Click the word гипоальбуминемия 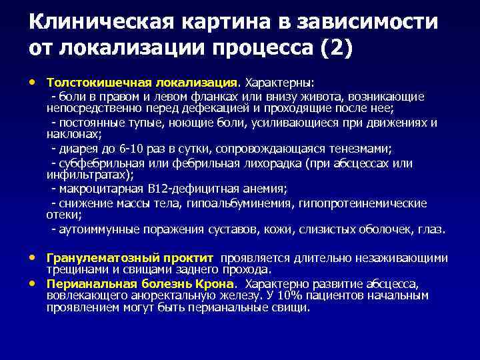(x=239, y=203)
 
